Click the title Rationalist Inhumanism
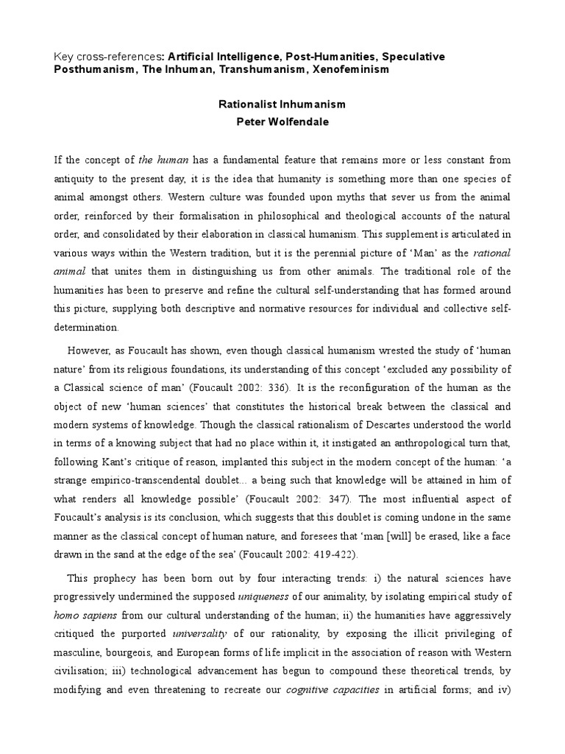click(x=282, y=105)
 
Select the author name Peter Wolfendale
click(x=282, y=122)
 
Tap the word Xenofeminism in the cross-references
click(x=349, y=69)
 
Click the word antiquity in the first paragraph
click(x=76, y=179)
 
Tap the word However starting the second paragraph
click(x=91, y=350)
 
